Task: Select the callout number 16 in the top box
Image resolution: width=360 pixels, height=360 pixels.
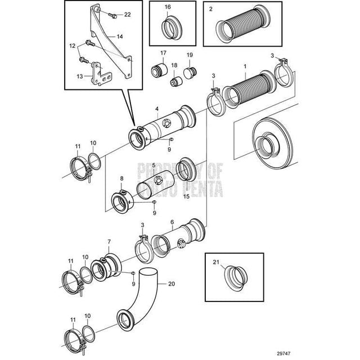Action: (168, 8)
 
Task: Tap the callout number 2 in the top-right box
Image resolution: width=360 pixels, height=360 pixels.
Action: (210, 9)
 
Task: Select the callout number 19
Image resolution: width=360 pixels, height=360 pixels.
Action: (190, 54)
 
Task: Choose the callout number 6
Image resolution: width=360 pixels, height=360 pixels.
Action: (172, 223)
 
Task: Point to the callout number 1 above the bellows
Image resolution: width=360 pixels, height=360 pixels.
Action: (245, 66)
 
